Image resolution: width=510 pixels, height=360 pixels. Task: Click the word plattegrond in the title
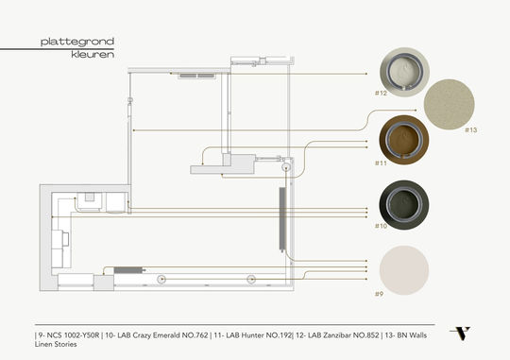point(77,42)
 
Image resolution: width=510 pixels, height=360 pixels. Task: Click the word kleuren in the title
point(93,55)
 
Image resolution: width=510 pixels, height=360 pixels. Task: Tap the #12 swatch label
point(381,94)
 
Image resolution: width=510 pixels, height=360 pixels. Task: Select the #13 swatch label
point(471,130)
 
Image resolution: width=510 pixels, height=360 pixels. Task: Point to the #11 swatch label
point(381,163)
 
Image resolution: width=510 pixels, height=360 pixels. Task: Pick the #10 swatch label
point(381,226)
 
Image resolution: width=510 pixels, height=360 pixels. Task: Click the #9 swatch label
point(379,294)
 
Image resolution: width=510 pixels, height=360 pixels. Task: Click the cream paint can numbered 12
point(404,72)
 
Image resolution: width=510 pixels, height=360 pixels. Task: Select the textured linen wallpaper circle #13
point(450,105)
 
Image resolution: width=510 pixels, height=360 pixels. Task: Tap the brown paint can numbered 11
point(404,140)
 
